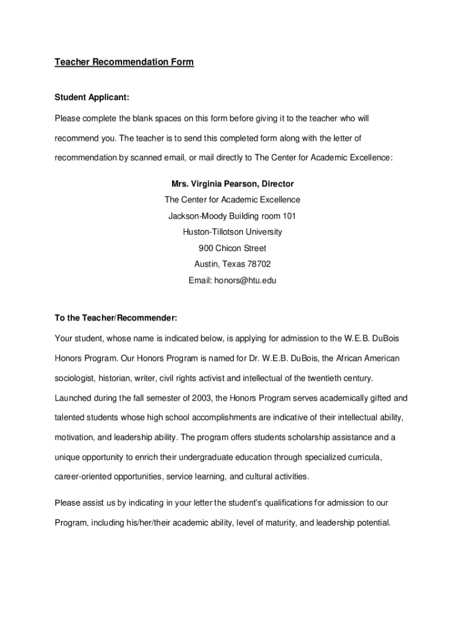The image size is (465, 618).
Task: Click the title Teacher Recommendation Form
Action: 124,62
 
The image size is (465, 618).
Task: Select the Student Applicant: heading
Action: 92,97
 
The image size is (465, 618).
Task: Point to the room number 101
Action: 289,216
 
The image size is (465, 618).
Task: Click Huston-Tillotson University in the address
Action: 232,232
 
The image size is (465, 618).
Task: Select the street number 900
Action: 206,248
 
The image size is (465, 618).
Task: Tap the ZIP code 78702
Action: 258,264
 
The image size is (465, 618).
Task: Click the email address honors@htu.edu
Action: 245,280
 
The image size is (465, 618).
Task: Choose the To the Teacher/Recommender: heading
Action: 115,317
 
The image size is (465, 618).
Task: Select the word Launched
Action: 74,398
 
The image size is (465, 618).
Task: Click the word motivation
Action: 75,437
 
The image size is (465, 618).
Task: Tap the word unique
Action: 67,457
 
